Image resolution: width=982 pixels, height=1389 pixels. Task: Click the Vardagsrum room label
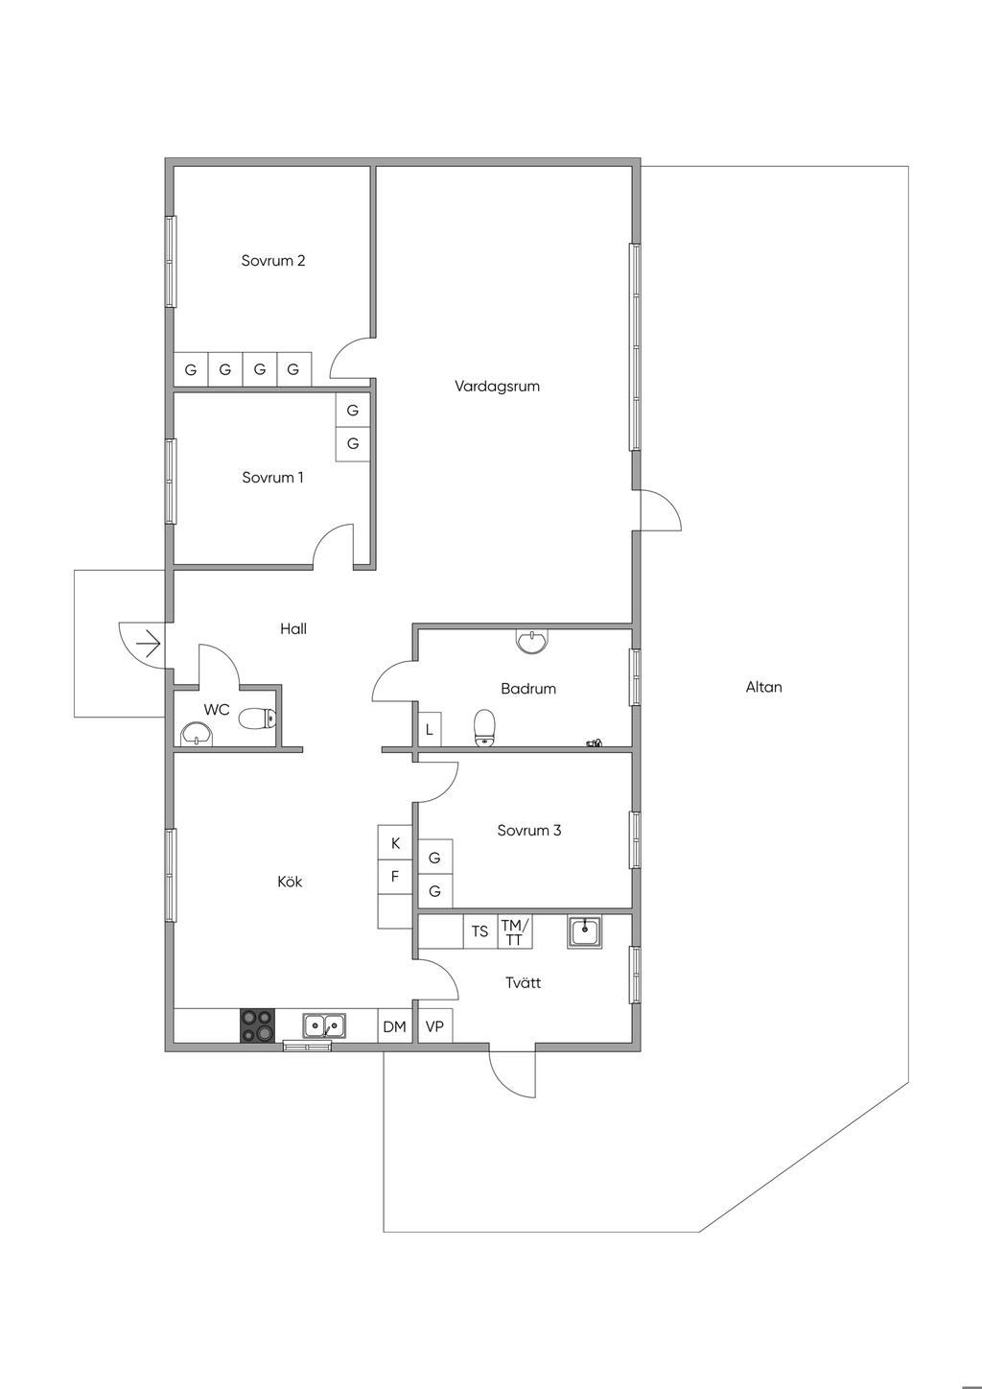pos(497,387)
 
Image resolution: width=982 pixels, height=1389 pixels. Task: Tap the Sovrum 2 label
pos(272,261)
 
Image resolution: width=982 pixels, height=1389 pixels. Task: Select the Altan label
pos(763,687)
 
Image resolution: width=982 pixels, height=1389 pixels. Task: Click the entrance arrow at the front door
pos(149,645)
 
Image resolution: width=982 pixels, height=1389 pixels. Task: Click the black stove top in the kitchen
pos(257,1025)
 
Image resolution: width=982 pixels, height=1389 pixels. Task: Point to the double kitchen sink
pos(323,1025)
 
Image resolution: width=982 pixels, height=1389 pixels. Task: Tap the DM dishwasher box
pos(395,1026)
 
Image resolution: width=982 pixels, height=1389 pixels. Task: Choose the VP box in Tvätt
pos(434,1026)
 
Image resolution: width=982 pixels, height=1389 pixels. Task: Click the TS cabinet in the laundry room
pos(479,931)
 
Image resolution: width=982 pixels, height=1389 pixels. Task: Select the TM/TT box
pos(515,931)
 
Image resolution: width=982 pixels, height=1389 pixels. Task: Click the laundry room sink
pos(584,931)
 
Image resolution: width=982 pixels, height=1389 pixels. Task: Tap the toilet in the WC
pos(257,718)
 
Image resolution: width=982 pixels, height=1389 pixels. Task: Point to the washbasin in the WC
pos(197,734)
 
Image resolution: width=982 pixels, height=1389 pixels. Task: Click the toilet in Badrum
pos(484,728)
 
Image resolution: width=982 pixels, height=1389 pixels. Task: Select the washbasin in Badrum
pos(532,641)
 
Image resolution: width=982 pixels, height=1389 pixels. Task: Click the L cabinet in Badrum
pos(430,729)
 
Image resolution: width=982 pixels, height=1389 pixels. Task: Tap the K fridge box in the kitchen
pos(395,842)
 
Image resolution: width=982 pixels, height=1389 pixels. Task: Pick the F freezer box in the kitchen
pos(395,877)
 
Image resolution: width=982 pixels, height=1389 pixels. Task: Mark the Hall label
pos(293,628)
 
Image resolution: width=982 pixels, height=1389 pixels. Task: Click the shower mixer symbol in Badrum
pos(594,742)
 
